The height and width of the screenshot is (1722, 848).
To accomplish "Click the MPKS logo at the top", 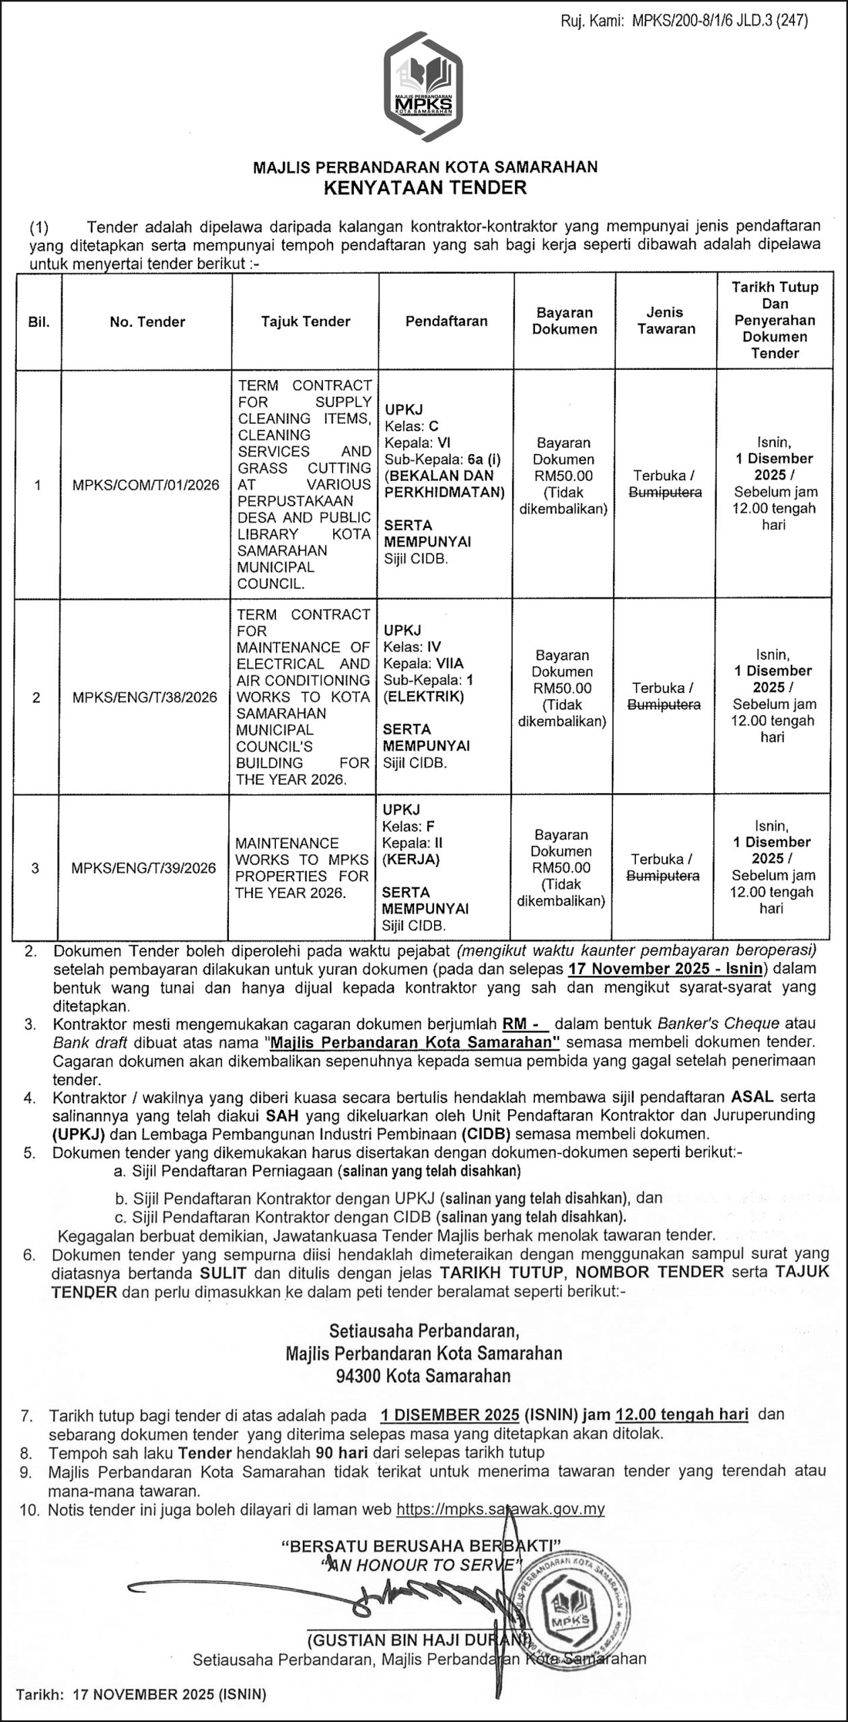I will click(x=423, y=87).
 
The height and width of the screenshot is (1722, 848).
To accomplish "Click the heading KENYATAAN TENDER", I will click(x=425, y=187).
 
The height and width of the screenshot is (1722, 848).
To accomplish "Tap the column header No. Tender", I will click(x=147, y=322).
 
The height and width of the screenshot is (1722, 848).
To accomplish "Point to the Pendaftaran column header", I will click(x=446, y=321).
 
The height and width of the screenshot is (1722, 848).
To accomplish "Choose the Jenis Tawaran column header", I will click(x=666, y=320).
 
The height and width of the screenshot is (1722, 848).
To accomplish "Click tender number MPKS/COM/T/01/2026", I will click(x=145, y=485).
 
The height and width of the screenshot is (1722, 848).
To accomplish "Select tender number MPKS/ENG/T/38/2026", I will click(x=145, y=697).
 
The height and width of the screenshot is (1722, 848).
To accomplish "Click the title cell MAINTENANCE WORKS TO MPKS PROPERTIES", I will click(x=302, y=868).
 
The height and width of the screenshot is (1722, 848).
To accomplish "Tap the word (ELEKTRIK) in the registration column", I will click(x=423, y=696).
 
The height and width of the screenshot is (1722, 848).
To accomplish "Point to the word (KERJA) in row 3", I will click(x=411, y=859).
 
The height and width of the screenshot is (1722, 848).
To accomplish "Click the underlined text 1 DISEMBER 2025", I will click(x=449, y=1414).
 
